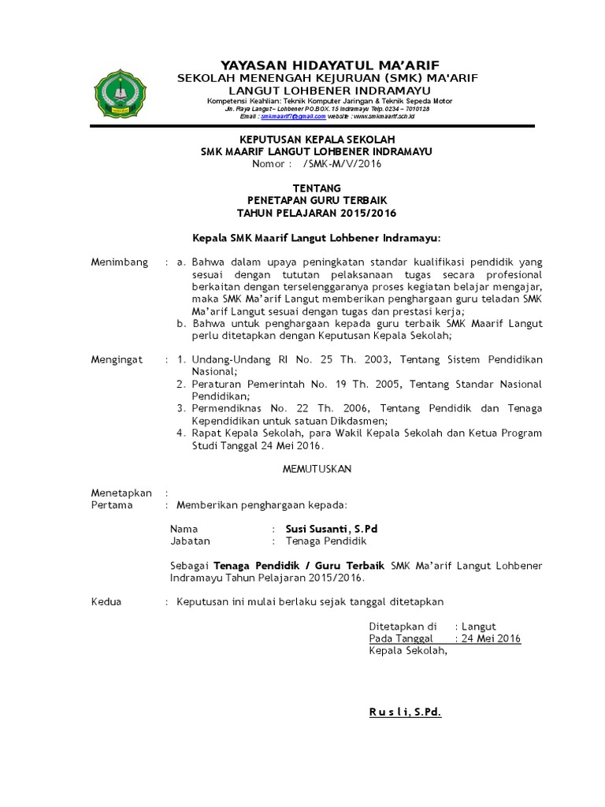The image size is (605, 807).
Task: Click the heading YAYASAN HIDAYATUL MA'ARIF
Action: [x=318, y=65]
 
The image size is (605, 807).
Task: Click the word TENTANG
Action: [x=317, y=188]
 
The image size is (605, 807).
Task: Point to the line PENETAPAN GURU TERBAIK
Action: [x=317, y=201]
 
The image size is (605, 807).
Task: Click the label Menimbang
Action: [x=120, y=262]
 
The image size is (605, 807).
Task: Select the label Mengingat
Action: [x=117, y=359]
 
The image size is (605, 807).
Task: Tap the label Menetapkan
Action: [x=121, y=493]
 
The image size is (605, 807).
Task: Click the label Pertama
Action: [x=112, y=504]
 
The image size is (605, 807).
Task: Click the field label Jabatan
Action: [x=190, y=541]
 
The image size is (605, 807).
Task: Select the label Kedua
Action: [x=106, y=601]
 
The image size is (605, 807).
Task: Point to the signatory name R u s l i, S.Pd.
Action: [x=405, y=712]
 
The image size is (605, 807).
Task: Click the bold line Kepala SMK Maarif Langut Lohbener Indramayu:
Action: [x=317, y=237]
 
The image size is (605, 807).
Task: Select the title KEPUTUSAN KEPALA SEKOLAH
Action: [x=317, y=139]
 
